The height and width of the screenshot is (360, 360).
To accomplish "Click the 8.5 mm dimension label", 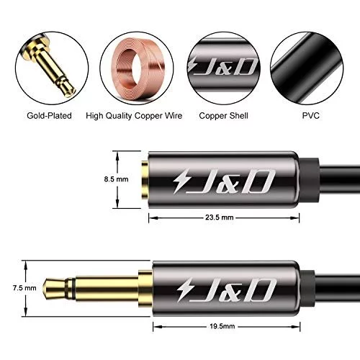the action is (116, 179).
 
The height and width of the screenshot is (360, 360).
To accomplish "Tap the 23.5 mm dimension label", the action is (219, 217).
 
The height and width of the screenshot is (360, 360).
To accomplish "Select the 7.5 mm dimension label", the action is (24, 288).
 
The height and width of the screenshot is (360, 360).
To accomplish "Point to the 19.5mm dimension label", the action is (222, 326).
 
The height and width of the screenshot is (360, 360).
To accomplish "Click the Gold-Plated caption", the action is (49, 116).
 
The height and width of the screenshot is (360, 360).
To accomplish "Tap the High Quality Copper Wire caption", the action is (134, 116).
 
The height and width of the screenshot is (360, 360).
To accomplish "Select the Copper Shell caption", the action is (223, 116).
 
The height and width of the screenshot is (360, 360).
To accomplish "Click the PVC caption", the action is (310, 116).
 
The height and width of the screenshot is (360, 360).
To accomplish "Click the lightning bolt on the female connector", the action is (181, 181).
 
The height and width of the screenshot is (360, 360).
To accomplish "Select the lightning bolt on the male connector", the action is (184, 289).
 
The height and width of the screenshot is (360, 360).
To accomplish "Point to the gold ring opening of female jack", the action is (145, 179).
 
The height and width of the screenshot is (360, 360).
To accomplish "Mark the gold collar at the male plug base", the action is (145, 288).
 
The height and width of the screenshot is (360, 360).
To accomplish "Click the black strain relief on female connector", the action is (310, 179).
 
